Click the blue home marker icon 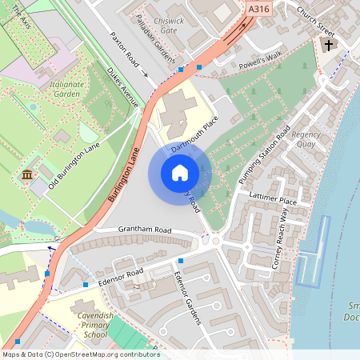[x=180, y=173]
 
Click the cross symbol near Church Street [x=328, y=46]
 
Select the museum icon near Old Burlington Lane [x=27, y=174]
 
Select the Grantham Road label [x=145, y=230]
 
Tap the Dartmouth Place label [x=195, y=133]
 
